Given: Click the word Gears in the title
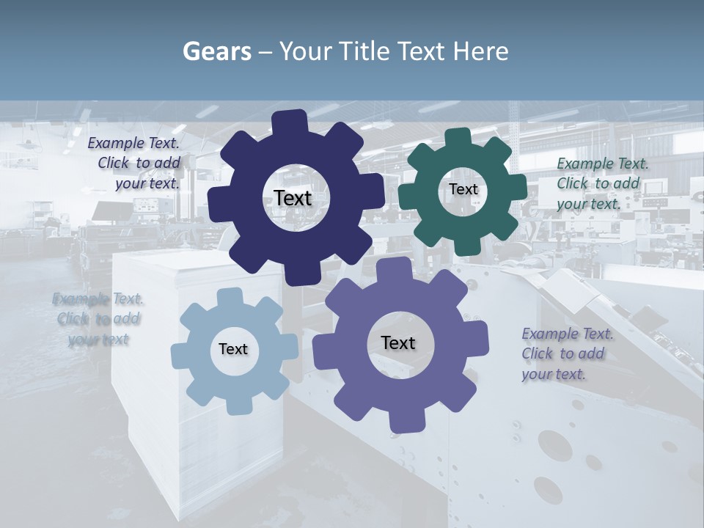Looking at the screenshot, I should tap(216, 51).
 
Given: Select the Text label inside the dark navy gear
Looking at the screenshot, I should tap(293, 198).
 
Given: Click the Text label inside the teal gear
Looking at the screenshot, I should tap(463, 189).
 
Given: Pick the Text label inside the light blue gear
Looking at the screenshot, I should tap(233, 349).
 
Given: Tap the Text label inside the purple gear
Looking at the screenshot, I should tap(398, 342).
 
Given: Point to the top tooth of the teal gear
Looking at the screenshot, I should tap(458, 137).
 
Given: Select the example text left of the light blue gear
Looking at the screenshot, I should tap(98, 319).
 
